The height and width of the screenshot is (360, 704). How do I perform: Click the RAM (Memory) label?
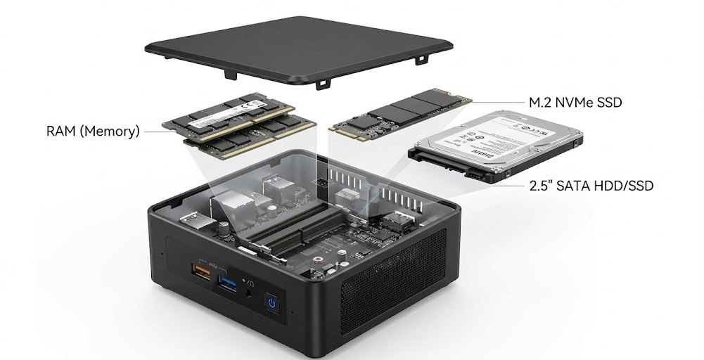(x=93, y=131)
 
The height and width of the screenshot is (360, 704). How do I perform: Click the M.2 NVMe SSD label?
(x=575, y=103)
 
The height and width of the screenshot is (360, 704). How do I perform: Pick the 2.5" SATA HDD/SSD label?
(x=591, y=186)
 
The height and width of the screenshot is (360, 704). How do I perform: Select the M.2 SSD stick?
(x=401, y=112)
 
